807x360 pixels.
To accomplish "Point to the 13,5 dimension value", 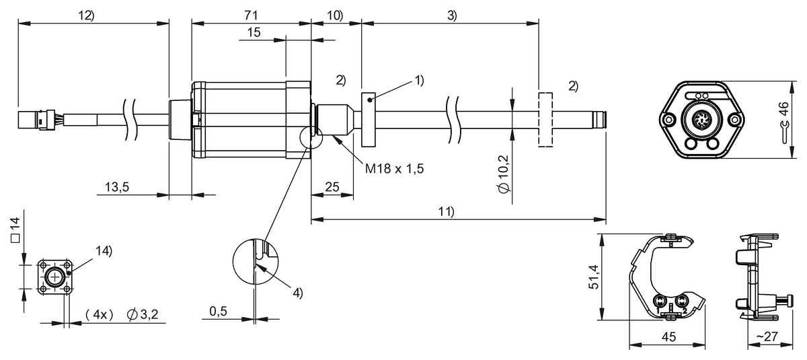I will [x=117, y=187].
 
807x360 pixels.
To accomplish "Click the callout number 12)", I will [x=85, y=15].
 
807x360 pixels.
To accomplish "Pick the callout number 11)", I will [x=447, y=211].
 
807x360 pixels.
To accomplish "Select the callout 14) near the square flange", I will [x=104, y=250].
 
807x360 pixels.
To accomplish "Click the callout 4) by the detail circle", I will [x=297, y=293].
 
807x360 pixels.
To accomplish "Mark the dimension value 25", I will [x=332, y=187].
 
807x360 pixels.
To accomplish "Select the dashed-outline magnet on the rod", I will [x=545, y=120].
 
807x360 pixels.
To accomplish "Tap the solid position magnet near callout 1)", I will [x=369, y=120].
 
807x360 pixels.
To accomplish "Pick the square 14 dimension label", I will [x=15, y=230].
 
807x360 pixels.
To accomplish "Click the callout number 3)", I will [x=451, y=15].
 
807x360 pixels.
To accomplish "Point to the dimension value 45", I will [x=667, y=338].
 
